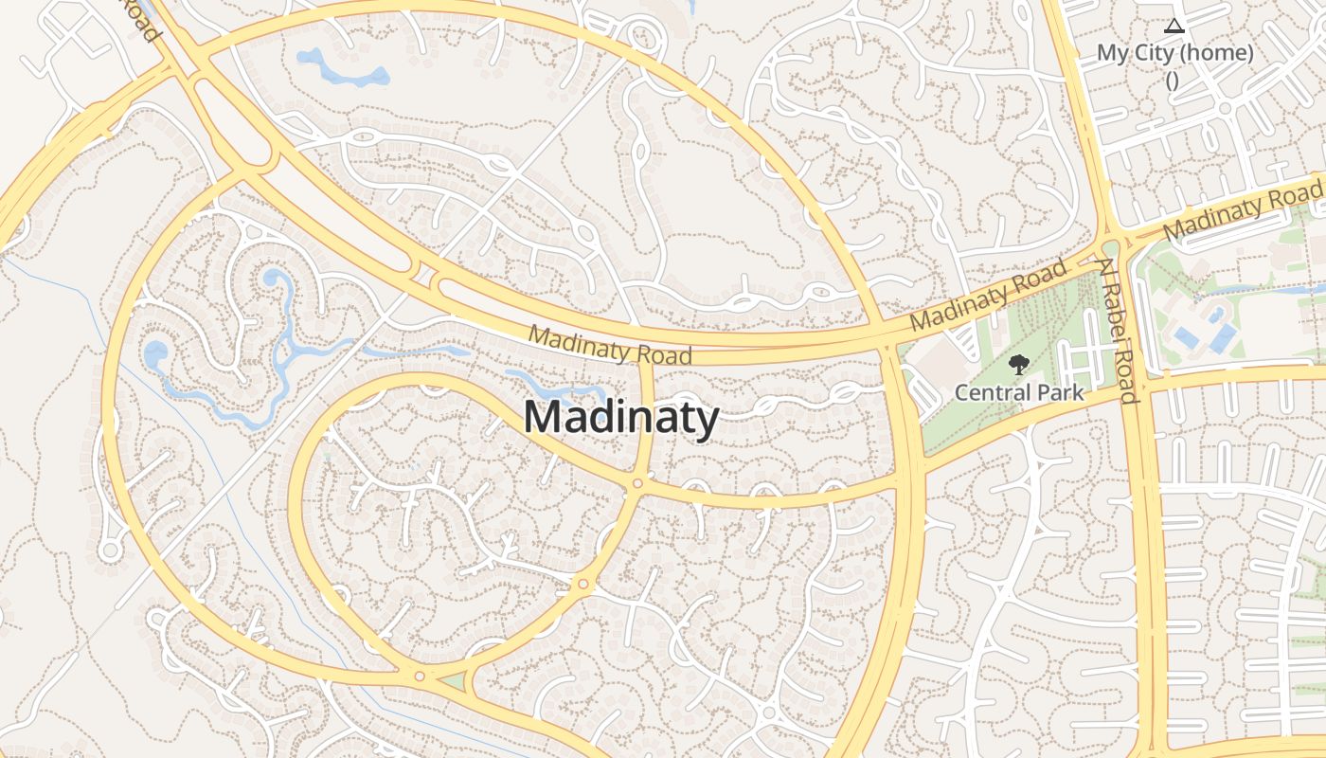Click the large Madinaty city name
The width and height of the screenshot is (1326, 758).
pos(620,418)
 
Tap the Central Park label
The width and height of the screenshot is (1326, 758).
pos(1019,391)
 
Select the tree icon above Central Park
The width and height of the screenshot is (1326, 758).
pos(1019,364)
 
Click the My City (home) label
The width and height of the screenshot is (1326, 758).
pos(1174,53)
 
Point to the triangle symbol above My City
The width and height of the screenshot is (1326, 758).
pos(1174,26)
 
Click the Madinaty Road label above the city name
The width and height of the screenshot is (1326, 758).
pos(610,344)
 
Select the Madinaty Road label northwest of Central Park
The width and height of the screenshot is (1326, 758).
pos(989,297)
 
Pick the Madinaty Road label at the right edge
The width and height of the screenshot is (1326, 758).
pos(1242,212)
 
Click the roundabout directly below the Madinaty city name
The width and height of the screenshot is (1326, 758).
pos(637,484)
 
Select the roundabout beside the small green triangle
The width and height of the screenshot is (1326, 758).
pos(419,677)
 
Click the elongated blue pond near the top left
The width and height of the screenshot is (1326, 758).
pos(342,67)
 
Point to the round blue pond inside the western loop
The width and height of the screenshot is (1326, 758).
pos(155,353)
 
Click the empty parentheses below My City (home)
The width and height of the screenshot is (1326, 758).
pos(1173,81)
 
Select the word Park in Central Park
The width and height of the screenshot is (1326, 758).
pos(1060,391)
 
